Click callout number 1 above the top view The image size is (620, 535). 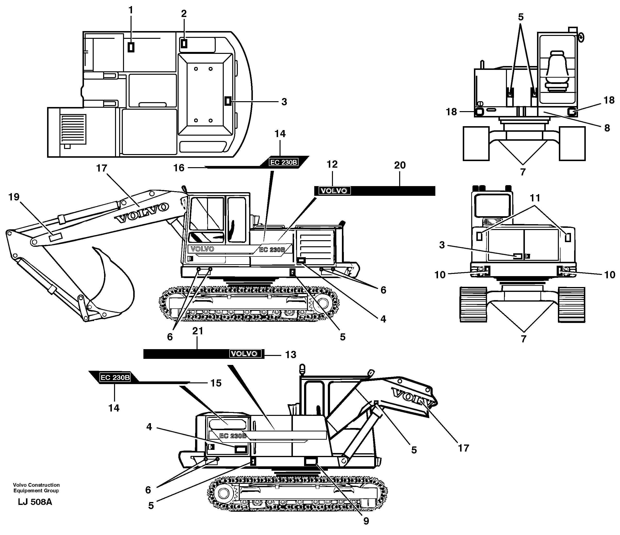pyautogui.click(x=131, y=10)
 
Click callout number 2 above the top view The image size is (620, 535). pyautogui.click(x=184, y=13)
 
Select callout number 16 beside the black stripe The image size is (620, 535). pyautogui.click(x=179, y=168)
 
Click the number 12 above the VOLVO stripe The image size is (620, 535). pyautogui.click(x=332, y=164)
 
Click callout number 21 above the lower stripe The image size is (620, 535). pyautogui.click(x=198, y=331)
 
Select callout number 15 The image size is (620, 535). pyautogui.click(x=216, y=383)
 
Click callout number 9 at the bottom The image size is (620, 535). pyautogui.click(x=366, y=521)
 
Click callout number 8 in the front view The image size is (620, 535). pyautogui.click(x=607, y=128)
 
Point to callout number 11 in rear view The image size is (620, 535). pyautogui.click(x=535, y=198)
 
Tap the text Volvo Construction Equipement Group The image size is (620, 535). pyautogui.click(x=36, y=488)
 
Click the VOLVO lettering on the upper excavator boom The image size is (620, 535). pyautogui.click(x=142, y=213)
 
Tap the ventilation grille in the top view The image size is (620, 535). pyautogui.click(x=73, y=128)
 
